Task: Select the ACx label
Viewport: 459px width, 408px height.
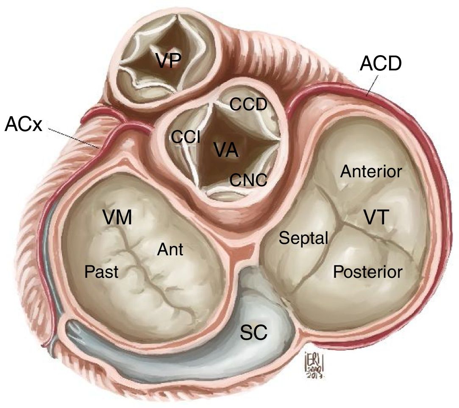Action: pos(23,124)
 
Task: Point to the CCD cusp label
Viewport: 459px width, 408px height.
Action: pos(248,104)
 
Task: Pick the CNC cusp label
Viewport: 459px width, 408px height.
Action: pos(248,181)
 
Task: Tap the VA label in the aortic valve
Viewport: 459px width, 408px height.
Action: pos(225,151)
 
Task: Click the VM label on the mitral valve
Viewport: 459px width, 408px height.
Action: pos(117,218)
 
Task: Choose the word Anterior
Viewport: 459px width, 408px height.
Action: pos(371,172)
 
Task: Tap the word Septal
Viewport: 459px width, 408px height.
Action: pos(303,238)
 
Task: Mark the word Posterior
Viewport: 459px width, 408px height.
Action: pos(367,271)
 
